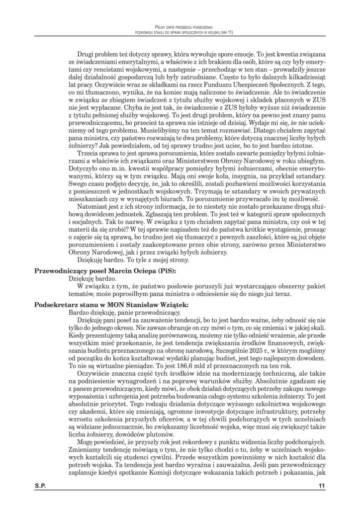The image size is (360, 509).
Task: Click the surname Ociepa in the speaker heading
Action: coord(140,270)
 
